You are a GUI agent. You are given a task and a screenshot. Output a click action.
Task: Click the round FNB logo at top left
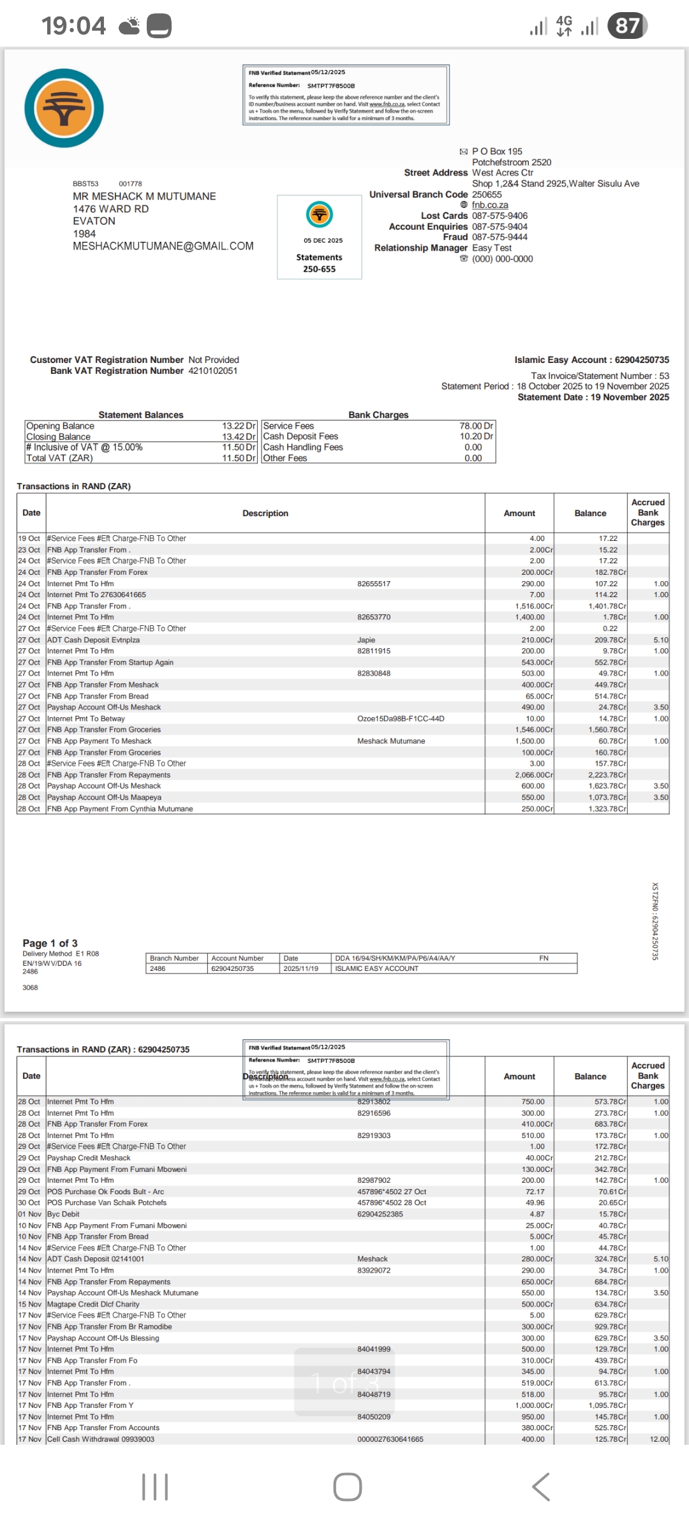[x=64, y=108]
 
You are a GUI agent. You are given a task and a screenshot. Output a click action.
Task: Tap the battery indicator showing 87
[x=628, y=26]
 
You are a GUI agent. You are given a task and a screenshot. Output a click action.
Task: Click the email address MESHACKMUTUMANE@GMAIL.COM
[x=163, y=246]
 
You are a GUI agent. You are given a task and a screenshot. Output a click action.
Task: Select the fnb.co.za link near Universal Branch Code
[x=489, y=205]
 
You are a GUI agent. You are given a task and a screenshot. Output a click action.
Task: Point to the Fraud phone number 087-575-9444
[x=500, y=237]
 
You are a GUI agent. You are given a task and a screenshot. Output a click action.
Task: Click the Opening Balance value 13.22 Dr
[x=239, y=426]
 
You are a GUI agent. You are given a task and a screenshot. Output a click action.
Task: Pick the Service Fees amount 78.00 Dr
[x=476, y=426]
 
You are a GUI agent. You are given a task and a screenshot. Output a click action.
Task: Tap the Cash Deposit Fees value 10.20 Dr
[x=476, y=436]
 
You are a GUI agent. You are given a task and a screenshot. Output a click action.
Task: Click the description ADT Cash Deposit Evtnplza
[x=93, y=640]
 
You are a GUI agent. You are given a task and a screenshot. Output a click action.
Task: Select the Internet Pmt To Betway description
[x=85, y=719]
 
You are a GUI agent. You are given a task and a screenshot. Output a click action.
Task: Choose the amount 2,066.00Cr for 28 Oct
[x=534, y=775]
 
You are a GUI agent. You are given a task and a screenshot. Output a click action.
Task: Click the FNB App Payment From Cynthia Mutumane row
[x=120, y=809]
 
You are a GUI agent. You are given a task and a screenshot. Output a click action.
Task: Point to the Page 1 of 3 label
[x=50, y=943]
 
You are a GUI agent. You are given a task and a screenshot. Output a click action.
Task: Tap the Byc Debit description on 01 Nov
[x=63, y=1215]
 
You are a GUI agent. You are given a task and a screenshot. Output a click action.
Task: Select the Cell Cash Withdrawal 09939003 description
[x=101, y=1439]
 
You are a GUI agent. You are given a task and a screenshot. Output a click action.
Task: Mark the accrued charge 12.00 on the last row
[x=659, y=1439]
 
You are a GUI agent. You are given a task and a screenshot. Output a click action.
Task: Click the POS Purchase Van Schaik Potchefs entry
[x=107, y=1203]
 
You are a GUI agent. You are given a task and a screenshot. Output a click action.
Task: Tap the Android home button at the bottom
[x=347, y=1487]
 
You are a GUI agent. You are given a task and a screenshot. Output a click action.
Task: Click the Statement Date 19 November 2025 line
[x=593, y=397]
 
